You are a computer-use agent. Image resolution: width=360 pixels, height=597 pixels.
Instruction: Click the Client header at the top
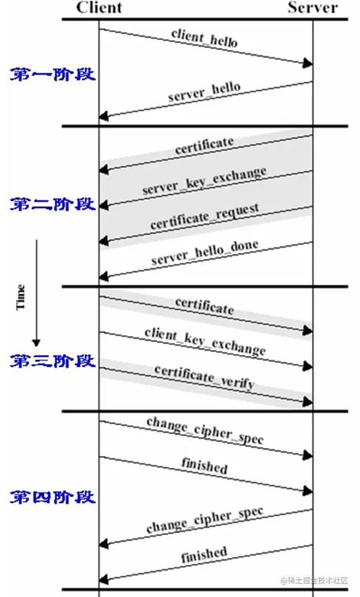coord(99,8)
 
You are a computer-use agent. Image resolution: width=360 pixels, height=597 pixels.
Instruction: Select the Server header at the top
coord(313,8)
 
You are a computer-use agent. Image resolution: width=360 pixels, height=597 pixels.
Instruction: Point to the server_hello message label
coord(204,92)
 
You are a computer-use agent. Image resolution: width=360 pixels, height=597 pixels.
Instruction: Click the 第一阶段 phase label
coord(53,73)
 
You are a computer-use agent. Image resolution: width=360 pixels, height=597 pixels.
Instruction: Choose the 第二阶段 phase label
coord(53,204)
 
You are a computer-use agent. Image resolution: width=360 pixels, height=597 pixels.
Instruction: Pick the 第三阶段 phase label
coord(53,361)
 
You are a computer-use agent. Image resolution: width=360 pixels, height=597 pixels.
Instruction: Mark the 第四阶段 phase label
coord(53,497)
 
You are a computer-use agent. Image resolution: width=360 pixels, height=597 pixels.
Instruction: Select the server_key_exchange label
coord(204,182)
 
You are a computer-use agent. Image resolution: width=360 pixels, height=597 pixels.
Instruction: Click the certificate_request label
coord(204,216)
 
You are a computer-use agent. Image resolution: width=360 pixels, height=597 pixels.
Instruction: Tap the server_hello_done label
coord(204,252)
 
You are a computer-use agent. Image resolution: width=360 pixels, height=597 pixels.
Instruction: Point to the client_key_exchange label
coord(204,341)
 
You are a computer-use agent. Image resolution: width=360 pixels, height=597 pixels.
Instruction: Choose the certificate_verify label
coord(204,377)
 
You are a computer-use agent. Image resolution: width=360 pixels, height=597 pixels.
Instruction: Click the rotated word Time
coord(21,297)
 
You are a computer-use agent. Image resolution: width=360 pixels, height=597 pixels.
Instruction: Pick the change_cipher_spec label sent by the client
coord(204,431)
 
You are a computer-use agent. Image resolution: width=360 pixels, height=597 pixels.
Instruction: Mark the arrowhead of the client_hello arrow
coord(308,63)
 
